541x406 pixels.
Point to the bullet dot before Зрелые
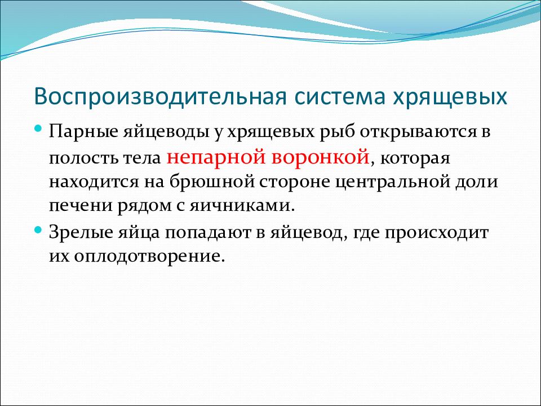coord(38,230)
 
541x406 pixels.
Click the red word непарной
coord(216,157)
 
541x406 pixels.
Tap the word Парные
coord(84,132)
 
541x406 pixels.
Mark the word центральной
coord(393,183)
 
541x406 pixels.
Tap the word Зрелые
coord(81,232)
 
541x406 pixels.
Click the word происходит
coord(436,233)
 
